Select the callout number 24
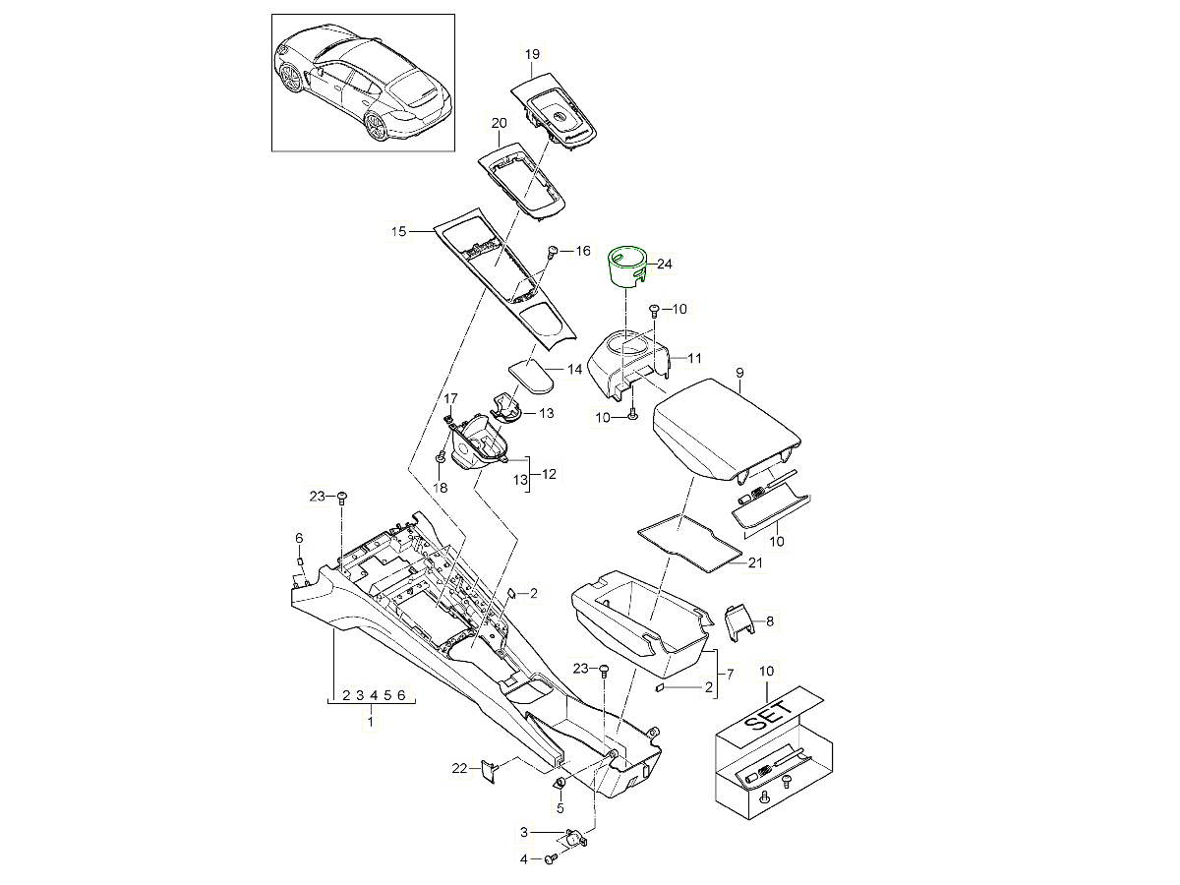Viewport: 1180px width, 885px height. (x=665, y=264)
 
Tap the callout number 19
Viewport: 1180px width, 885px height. (x=532, y=54)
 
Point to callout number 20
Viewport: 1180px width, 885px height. (x=498, y=123)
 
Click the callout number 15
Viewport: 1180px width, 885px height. (x=398, y=232)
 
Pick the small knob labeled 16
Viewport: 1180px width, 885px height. (x=553, y=253)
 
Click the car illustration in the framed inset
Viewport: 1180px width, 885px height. (x=364, y=84)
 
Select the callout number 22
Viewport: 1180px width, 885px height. (x=458, y=768)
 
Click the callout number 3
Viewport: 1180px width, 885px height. (x=524, y=833)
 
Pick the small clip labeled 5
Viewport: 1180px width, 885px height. (x=559, y=784)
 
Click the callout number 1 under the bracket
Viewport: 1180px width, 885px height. (x=371, y=723)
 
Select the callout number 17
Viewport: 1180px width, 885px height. (x=450, y=398)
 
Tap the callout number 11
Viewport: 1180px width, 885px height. (x=693, y=357)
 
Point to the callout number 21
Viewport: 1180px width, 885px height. (x=755, y=562)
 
